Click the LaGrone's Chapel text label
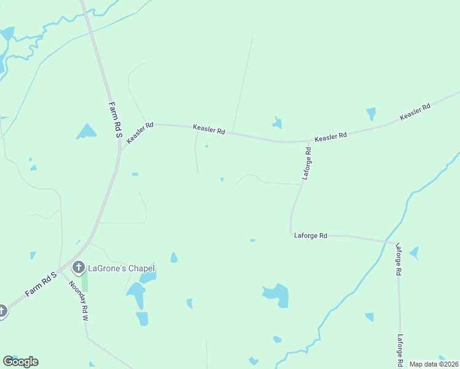pos(121,268)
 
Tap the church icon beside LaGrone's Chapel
pos(78,268)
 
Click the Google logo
pos(20,362)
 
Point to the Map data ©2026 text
pos(434,364)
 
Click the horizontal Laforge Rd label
pos(311,235)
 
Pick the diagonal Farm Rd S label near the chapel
pos(41,284)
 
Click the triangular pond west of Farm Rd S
pos(87,132)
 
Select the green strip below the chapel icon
pos(85,282)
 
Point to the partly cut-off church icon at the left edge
pos(2,311)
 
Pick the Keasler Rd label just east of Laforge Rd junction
pos(330,136)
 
